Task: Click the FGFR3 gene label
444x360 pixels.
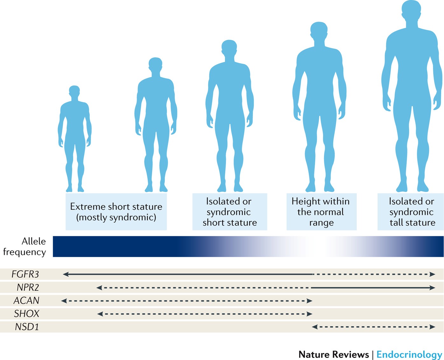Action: tap(25, 274)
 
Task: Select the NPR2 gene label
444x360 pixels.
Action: tap(28, 287)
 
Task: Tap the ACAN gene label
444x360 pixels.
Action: tap(26, 301)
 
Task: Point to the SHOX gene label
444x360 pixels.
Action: tap(26, 314)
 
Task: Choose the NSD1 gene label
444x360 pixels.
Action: tap(27, 327)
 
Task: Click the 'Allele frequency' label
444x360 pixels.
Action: tap(25, 246)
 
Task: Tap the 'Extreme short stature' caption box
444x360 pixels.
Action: tap(116, 212)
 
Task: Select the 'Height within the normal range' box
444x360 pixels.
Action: tap(321, 212)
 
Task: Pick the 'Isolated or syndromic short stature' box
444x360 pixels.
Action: tap(229, 212)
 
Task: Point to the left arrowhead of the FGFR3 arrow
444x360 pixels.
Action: tap(66, 274)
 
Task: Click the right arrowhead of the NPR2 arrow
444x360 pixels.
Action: tap(433, 288)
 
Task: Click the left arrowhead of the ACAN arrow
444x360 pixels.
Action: tap(64, 301)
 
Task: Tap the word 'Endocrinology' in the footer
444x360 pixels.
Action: tap(409, 354)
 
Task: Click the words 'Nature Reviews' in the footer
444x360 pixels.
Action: tap(334, 354)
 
